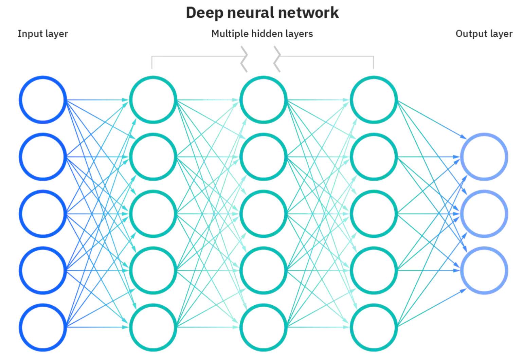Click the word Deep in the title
(204, 13)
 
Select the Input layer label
(43, 34)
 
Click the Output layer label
(484, 34)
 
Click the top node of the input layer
(43, 100)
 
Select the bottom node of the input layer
(43, 327)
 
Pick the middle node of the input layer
(43, 214)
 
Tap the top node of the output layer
(484, 157)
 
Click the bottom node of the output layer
(484, 270)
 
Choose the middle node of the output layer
(484, 214)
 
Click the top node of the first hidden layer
(153, 100)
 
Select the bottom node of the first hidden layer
(153, 327)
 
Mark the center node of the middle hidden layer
(264, 214)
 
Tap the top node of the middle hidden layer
(264, 100)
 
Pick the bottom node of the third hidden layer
(374, 327)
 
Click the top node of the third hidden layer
(374, 100)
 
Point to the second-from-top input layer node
(43, 157)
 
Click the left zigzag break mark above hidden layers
(244, 59)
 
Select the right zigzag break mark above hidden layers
(277, 59)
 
